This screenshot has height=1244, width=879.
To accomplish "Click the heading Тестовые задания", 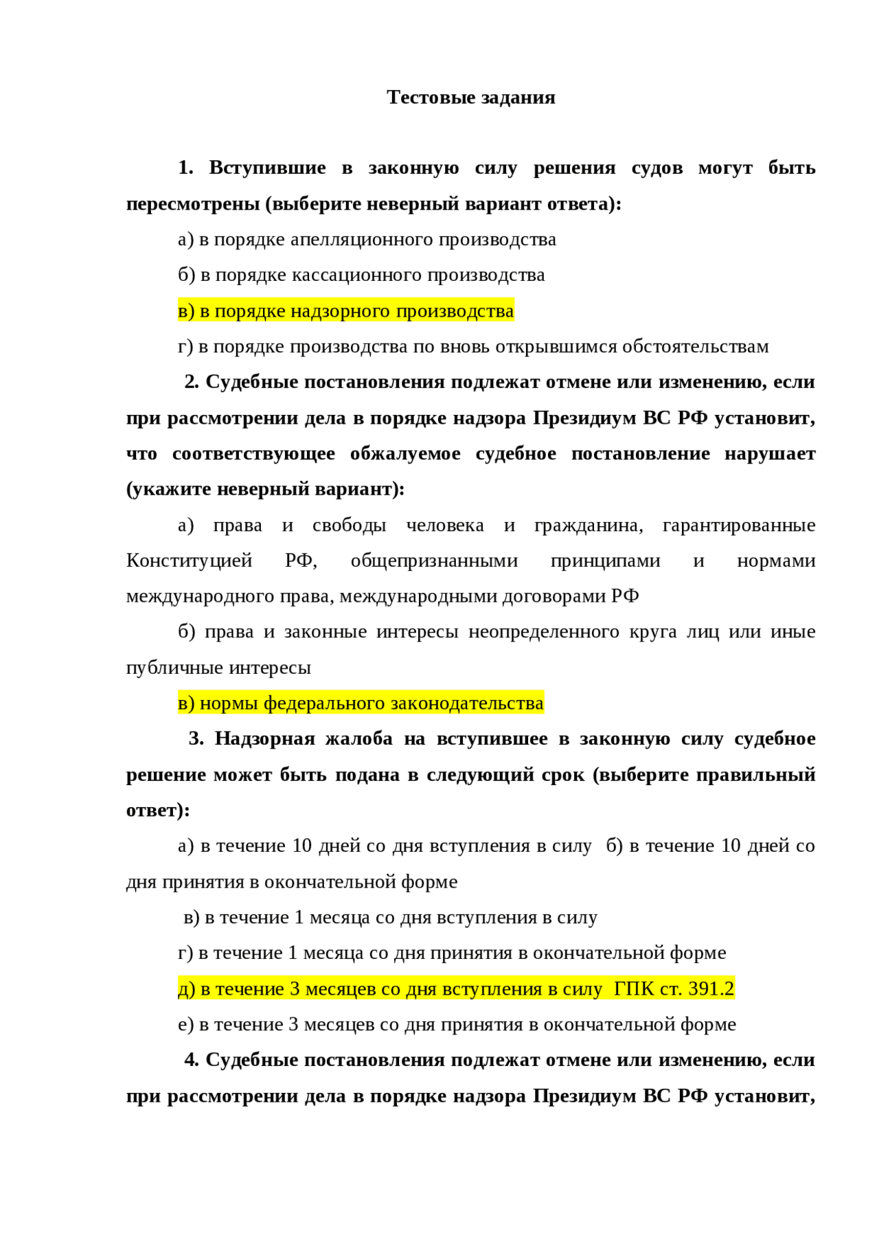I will click(470, 98).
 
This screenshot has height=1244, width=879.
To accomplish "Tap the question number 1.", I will click(185, 168).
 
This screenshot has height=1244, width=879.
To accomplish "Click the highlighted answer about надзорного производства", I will click(345, 311).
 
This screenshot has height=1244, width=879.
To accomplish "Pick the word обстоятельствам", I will click(695, 347).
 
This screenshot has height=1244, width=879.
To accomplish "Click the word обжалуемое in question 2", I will click(405, 454).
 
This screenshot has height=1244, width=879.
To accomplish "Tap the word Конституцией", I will click(189, 561).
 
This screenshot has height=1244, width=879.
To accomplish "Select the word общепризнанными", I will click(434, 561).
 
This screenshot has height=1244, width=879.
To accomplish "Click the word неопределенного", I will click(543, 632).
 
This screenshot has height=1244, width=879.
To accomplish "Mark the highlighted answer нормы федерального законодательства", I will click(361, 703).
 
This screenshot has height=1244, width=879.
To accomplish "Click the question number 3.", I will click(196, 739).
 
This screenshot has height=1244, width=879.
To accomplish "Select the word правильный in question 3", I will click(755, 775).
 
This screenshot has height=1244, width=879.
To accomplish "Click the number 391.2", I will click(711, 989).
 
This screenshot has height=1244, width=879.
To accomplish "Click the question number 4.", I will click(192, 1061).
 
